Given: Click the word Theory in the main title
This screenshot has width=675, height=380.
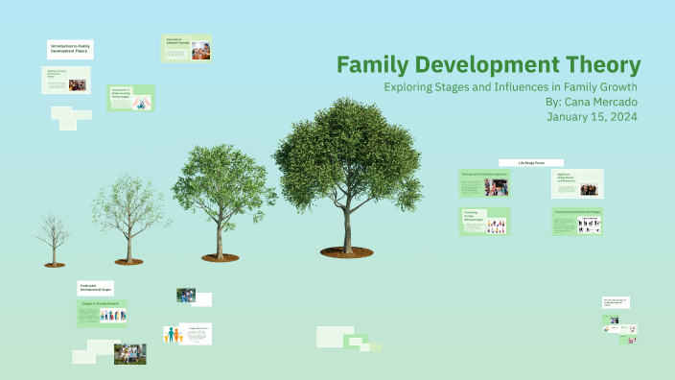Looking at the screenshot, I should tap(598, 66).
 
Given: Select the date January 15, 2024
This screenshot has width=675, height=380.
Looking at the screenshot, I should tap(592, 116).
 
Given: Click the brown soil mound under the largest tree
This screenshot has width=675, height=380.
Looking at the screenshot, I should tap(347, 252).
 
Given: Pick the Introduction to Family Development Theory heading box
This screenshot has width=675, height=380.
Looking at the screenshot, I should tap(70, 50).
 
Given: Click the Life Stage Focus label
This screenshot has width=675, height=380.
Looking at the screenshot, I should tap(530, 163).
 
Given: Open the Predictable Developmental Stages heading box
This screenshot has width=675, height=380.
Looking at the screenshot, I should tap(96, 287).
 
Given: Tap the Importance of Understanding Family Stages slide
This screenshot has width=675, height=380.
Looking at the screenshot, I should tap(130, 98).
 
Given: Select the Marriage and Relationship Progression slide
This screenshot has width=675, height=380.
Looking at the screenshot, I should tap(484, 183).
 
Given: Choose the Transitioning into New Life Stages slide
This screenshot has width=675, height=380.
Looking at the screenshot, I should tap(577, 222).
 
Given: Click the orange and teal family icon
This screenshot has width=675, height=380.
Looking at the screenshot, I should tap(175, 335).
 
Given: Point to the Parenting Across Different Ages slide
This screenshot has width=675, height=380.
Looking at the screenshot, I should tap(484, 222).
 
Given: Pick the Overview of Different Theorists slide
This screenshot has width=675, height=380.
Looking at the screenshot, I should tap(187, 48).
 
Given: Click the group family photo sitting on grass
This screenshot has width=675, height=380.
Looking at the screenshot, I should tap(129, 353).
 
